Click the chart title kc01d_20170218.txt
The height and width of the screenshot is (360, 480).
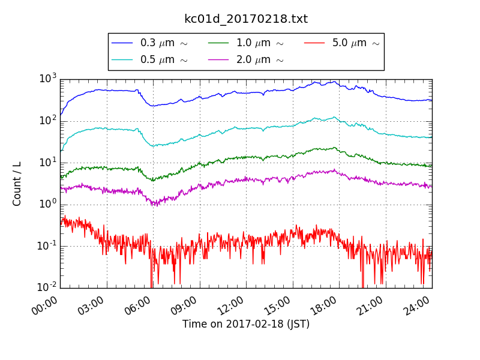coord(246,19)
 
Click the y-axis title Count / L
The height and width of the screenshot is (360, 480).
coord(17,184)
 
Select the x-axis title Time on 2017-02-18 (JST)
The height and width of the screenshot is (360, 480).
coord(246,325)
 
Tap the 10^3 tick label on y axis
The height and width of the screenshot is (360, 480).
coord(48,78)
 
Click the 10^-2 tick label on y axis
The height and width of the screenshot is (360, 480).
coord(46,287)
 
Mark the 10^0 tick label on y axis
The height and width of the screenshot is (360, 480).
coord(48,203)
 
